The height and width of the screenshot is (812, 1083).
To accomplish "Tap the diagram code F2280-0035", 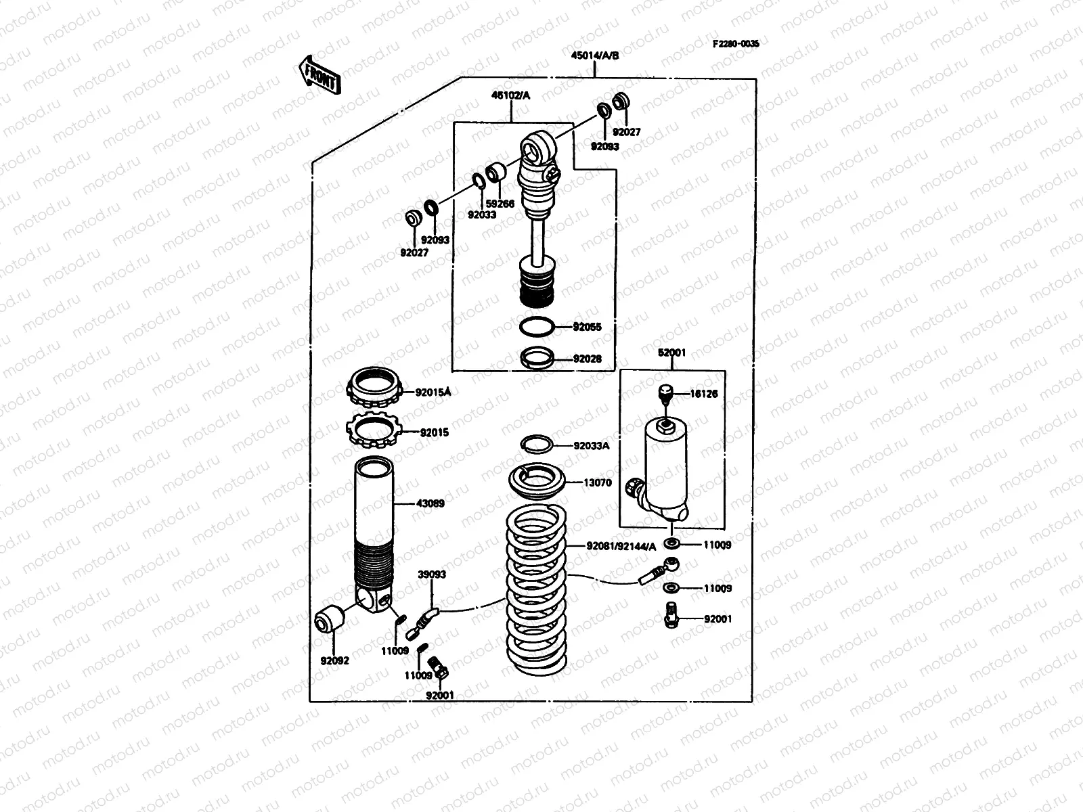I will (x=735, y=43).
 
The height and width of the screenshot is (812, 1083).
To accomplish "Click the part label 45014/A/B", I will (x=594, y=56).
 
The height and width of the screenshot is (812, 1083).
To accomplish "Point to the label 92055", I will (x=587, y=327).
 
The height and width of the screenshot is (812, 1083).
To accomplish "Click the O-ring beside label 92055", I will (x=537, y=327).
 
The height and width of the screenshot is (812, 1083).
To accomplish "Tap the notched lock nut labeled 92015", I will (x=374, y=430).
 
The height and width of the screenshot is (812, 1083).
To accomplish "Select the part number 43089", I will (x=430, y=503).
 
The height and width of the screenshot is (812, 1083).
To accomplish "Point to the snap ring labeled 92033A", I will (x=537, y=443).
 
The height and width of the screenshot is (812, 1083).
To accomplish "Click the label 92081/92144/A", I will (x=621, y=547).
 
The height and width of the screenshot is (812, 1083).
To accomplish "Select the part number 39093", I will (x=432, y=574).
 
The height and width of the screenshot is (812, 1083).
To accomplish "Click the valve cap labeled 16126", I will (x=665, y=393).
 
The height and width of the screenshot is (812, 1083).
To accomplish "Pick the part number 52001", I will (x=671, y=353).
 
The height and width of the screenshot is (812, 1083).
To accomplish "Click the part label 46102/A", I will (x=511, y=96).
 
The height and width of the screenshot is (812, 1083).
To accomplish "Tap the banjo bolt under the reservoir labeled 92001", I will (x=671, y=615).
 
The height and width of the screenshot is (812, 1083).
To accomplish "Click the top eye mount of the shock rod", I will (x=537, y=150).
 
